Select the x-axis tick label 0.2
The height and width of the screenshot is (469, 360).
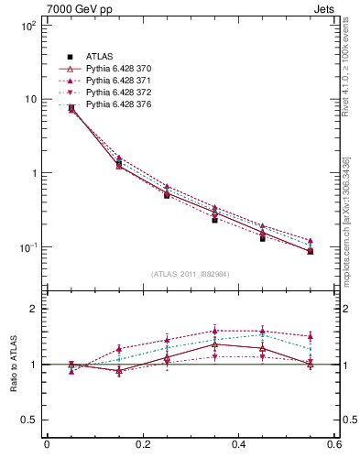pos(143,446)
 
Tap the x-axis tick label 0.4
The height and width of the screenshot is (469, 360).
pos(238,446)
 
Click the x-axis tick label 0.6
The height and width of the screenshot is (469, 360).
pos(333,446)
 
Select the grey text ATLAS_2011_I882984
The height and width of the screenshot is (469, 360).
pos(191,274)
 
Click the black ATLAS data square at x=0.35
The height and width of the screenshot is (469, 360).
pos(214,220)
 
